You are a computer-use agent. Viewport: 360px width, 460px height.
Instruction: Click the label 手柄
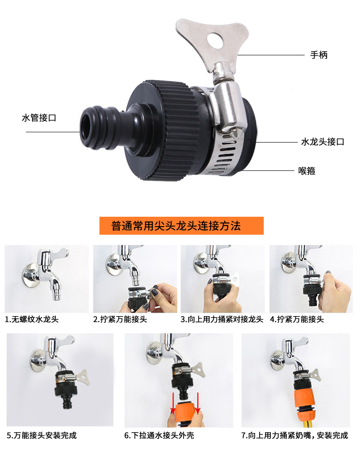pyautogui.click(x=319, y=55)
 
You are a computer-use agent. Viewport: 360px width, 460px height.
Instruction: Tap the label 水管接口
pyautogui.click(x=39, y=118)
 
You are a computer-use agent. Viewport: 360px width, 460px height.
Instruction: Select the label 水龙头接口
pyautogui.click(x=323, y=142)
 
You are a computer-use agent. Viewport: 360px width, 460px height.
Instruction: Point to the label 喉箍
pyautogui.click(x=307, y=171)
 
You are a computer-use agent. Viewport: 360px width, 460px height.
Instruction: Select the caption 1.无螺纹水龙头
pyautogui.click(x=31, y=319)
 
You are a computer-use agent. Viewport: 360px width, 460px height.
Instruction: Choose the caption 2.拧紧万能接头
pyautogui.click(x=120, y=319)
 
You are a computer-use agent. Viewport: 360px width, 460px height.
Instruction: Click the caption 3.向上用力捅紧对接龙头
pyautogui.click(x=222, y=319)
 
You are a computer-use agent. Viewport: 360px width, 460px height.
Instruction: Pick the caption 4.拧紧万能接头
pyautogui.click(x=297, y=319)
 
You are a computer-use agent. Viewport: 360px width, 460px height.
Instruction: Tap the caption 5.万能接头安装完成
pyautogui.click(x=42, y=435)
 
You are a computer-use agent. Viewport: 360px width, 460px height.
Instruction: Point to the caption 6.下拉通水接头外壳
pyautogui.click(x=159, y=435)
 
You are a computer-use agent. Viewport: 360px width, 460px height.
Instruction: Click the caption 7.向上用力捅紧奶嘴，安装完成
pyautogui.click(x=295, y=435)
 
